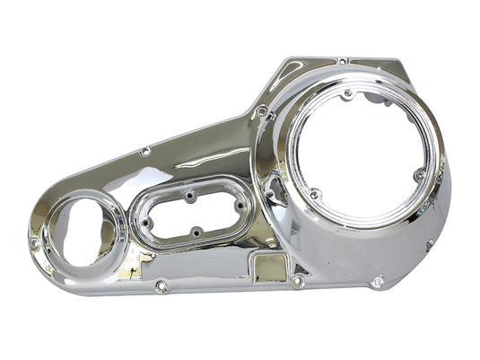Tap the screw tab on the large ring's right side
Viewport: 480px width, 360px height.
(x=418, y=176)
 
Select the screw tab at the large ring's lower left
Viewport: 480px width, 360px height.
(x=314, y=193)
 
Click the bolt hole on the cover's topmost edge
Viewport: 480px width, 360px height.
(x=343, y=61)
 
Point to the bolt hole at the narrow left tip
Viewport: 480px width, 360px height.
(x=34, y=242)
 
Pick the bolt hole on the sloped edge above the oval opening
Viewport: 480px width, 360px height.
(x=145, y=152)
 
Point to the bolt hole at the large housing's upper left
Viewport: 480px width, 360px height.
(x=262, y=110)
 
